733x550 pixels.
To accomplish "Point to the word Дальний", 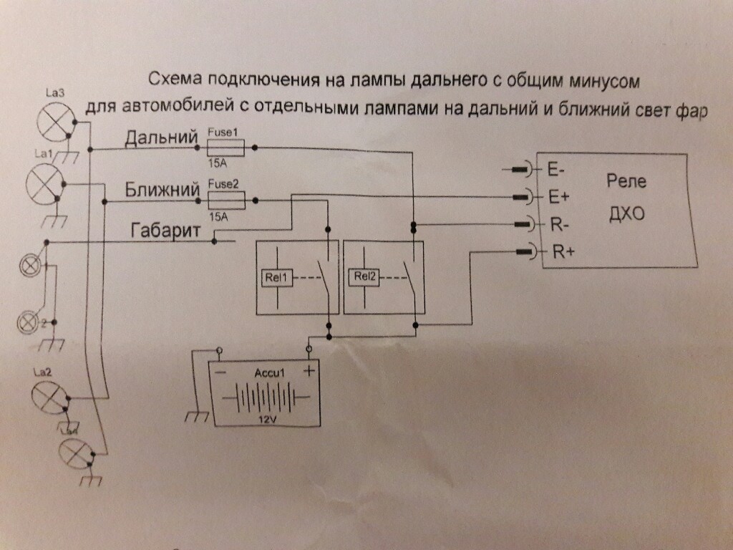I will point(161,137).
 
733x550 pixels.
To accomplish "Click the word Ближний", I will point(161,190).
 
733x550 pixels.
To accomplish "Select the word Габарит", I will point(165,231).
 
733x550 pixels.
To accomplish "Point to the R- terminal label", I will point(558,223).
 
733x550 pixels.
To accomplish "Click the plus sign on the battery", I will point(309,371).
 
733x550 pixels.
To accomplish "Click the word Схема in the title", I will point(173,77).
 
